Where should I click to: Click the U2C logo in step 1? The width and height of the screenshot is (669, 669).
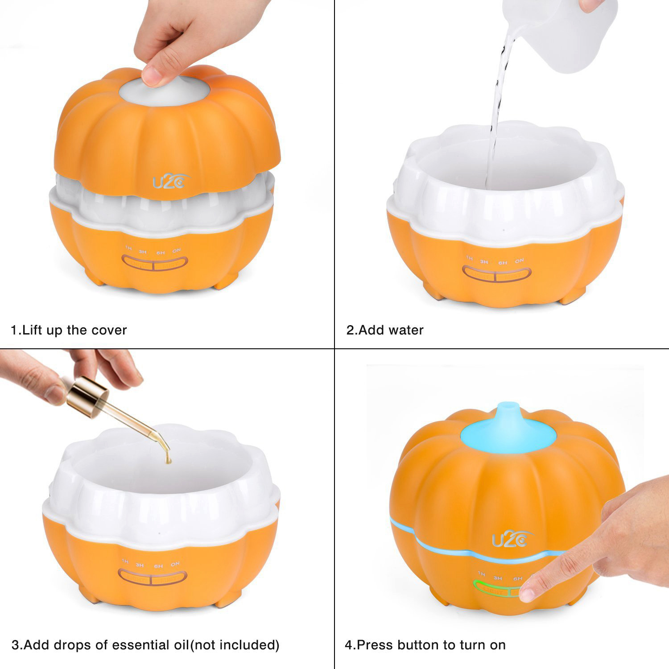pyautogui.click(x=171, y=182)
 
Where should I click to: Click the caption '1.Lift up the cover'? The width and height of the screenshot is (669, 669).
pyautogui.click(x=69, y=330)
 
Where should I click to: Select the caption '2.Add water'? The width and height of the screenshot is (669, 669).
pyautogui.click(x=385, y=330)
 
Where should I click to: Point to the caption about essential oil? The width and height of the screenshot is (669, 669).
pyautogui.click(x=145, y=645)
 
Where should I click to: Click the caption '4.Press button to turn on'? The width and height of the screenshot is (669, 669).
pyautogui.click(x=425, y=645)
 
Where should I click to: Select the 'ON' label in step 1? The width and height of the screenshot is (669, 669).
pyautogui.click(x=176, y=251)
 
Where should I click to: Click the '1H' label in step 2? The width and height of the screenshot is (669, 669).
pyautogui.click(x=469, y=258)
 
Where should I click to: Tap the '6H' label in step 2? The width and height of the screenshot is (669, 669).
pyautogui.click(x=503, y=263)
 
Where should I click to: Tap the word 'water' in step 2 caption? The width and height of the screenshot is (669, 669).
pyautogui.click(x=406, y=330)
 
